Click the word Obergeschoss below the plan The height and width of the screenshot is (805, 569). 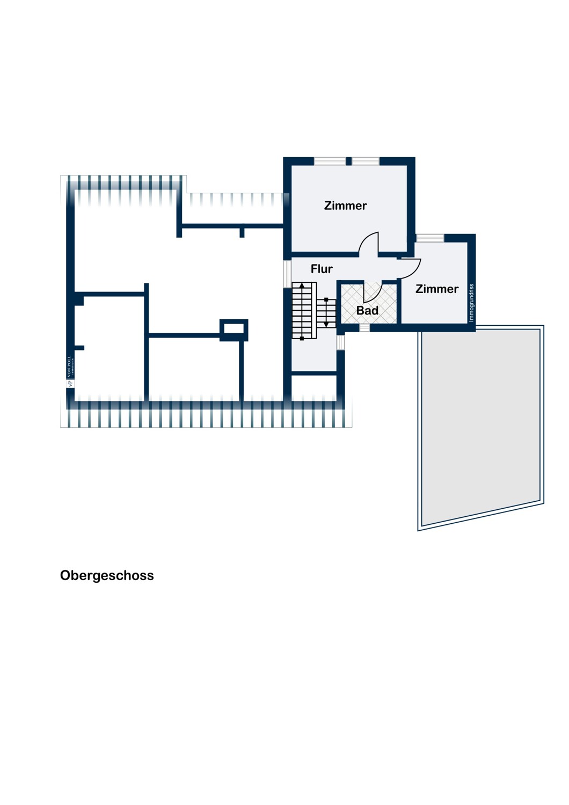pos(107,575)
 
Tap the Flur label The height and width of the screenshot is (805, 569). pos(322,269)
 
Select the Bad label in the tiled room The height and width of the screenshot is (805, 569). pos(367,310)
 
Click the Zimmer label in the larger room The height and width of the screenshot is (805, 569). pos(345,206)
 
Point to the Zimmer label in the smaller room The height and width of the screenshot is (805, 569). pos(437,289)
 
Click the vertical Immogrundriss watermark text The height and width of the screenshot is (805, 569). pos(471,303)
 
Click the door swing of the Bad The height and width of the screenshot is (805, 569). pos(372,292)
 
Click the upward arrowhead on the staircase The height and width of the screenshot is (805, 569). pos(302,286)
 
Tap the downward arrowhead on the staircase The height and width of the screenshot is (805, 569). pos(326,324)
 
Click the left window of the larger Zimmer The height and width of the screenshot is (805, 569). pos(330,161)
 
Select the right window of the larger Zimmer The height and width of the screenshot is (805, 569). pos(366,161)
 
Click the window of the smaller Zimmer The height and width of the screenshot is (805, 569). pos(430,238)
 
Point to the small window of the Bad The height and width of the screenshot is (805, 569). pos(364,328)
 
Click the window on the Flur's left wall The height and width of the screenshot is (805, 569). pos(287,274)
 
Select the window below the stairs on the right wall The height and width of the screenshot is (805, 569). pos(340,342)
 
